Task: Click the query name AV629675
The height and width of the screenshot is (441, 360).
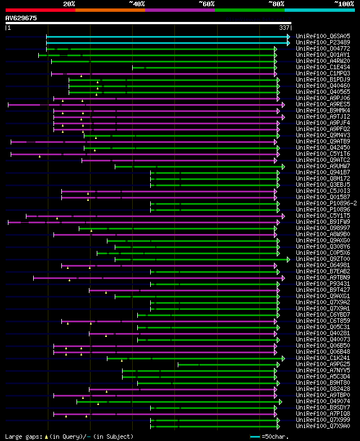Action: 21,18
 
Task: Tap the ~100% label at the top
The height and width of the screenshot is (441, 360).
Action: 343,3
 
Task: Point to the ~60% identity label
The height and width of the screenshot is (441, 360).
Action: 206,3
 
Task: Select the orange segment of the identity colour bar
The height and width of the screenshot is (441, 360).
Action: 110,10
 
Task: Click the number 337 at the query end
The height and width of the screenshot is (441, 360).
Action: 284,27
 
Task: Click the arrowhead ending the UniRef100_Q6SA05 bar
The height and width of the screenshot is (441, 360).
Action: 289,36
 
